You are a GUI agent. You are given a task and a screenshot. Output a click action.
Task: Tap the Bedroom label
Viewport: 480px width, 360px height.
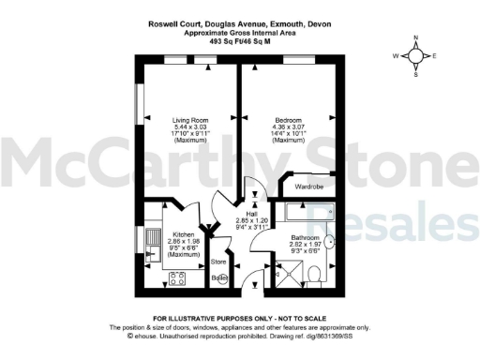tap(288, 120)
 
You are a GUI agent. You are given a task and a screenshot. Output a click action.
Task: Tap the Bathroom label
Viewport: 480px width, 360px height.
tap(306, 237)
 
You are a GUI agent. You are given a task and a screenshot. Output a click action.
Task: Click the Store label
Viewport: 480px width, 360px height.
tap(218, 261)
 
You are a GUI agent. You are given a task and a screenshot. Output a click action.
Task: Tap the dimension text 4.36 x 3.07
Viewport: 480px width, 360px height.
tap(288, 127)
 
